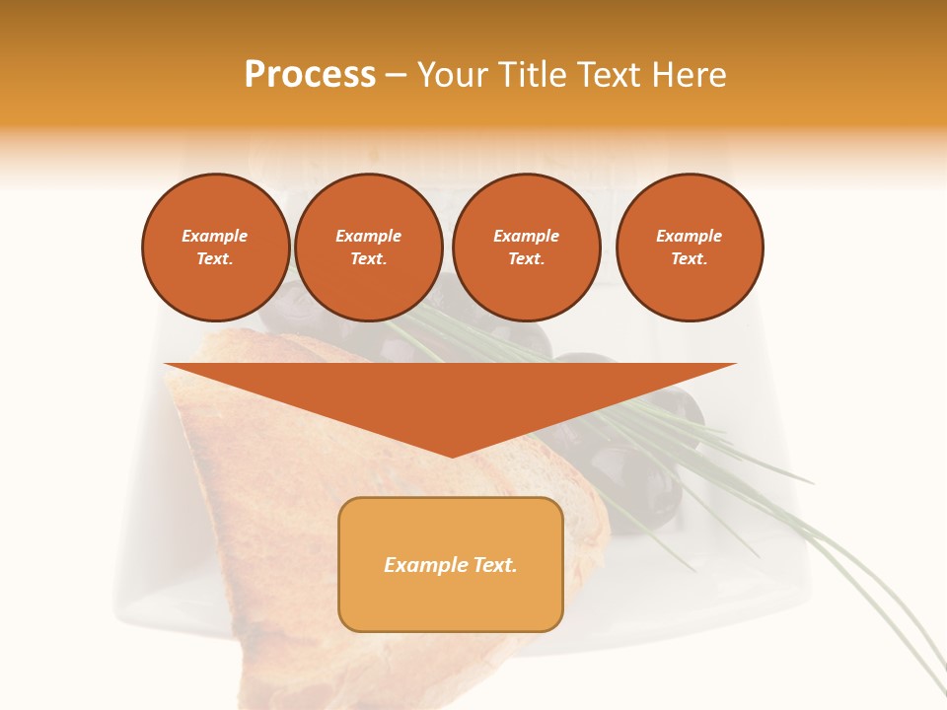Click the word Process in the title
click(310, 75)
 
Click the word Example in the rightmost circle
click(689, 236)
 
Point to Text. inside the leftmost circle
click(215, 258)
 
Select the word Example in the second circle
click(368, 236)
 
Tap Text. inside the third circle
click(526, 258)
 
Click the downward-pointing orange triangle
click(450, 394)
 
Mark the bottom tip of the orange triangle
click(451, 455)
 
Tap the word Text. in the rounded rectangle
click(494, 565)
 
